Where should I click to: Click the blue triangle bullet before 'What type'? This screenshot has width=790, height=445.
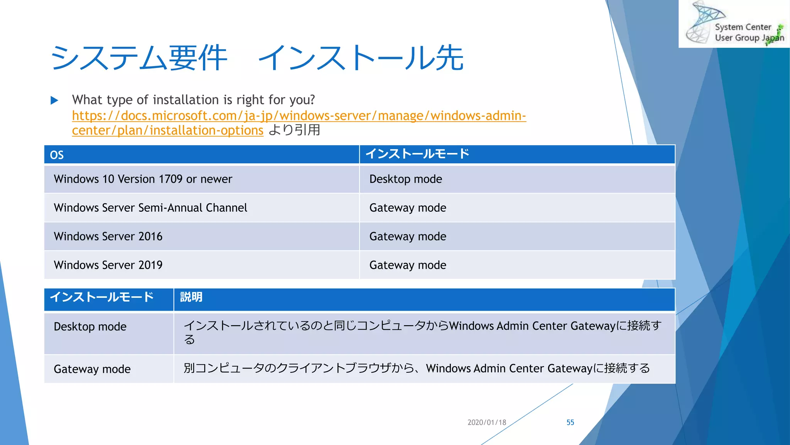54,100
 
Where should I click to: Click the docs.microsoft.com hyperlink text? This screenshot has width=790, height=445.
299,115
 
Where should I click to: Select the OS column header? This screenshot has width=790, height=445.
57,155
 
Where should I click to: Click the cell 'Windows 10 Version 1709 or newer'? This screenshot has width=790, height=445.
143,179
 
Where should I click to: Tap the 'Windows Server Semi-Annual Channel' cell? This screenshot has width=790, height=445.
150,208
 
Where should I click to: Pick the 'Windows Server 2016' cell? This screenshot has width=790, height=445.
108,236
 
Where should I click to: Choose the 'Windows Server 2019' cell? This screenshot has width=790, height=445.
108,265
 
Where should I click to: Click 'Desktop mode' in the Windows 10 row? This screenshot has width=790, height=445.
405,179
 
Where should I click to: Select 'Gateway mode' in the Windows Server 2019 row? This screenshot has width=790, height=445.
407,265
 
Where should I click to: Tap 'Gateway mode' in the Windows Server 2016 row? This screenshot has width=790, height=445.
407,236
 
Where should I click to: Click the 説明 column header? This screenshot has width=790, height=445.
191,297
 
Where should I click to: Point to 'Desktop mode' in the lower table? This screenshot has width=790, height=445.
90,327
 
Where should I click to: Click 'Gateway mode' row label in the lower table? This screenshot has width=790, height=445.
92,369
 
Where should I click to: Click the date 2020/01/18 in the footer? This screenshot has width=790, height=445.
486,422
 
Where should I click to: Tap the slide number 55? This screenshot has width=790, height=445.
570,422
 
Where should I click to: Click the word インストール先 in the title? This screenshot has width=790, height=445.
361,58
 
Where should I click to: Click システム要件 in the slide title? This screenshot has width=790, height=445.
139,58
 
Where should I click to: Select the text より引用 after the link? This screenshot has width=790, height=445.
294,130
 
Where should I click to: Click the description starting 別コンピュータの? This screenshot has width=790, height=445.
417,369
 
